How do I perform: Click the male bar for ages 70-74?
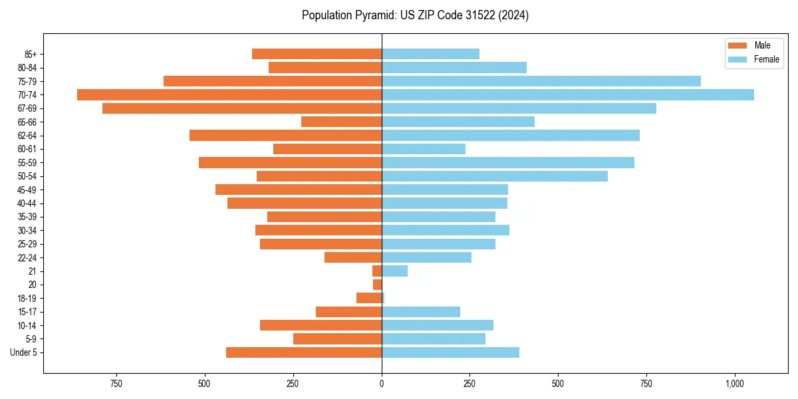point(229,95)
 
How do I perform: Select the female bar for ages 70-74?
point(568,95)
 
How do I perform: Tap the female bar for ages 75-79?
point(541,81)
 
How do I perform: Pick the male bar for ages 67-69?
point(242,108)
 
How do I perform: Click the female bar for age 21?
point(394,271)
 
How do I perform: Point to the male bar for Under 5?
point(304,352)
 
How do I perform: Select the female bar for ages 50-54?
point(495,176)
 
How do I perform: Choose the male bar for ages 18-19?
point(369,298)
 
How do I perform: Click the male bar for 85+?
point(317,54)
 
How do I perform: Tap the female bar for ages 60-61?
point(424,149)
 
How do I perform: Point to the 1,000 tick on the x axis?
point(734,384)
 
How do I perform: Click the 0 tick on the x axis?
point(382,384)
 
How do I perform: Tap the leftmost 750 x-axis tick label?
point(116,384)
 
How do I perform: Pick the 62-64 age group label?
point(27,136)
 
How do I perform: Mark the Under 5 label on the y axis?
point(24,352)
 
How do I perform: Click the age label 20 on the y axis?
point(33,285)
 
